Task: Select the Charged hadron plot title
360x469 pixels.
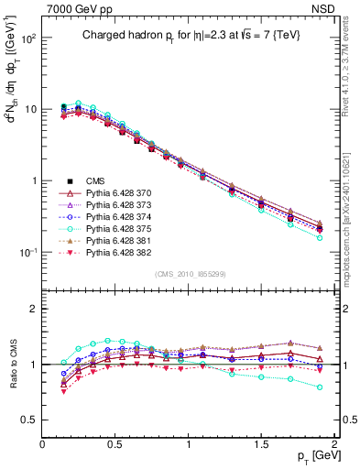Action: click(x=189, y=35)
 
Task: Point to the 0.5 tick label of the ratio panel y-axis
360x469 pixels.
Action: click(x=30, y=420)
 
